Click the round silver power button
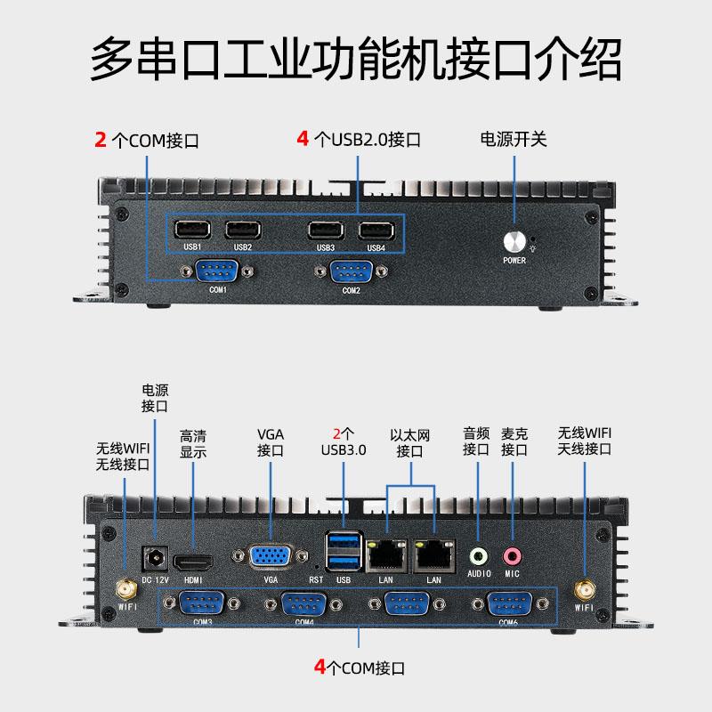click(514, 241)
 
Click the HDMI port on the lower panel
click(193, 562)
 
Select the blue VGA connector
click(271, 557)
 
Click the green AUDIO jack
click(480, 556)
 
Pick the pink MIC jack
click(512, 556)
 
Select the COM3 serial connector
click(202, 603)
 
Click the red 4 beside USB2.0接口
click(303, 139)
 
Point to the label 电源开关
click(514, 139)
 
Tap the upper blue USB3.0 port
click(344, 542)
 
